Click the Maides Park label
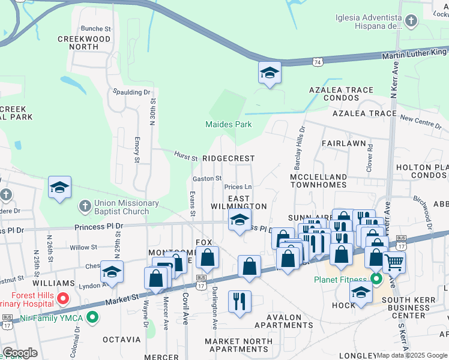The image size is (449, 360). (228, 124)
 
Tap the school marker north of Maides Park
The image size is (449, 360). (270, 73)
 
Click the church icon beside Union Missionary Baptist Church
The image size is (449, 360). (85, 206)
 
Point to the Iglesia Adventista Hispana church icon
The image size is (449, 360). (411, 22)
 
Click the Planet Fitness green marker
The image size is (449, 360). (376, 279)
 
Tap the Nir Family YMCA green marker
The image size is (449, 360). (92, 316)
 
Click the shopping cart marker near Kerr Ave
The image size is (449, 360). (394, 262)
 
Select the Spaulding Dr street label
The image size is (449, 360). (131, 92)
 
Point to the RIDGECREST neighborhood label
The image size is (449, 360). (228, 158)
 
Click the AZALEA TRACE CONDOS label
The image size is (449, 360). (349, 94)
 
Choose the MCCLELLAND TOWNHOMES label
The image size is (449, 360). (318, 181)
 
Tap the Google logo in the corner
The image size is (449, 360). (20, 352)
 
